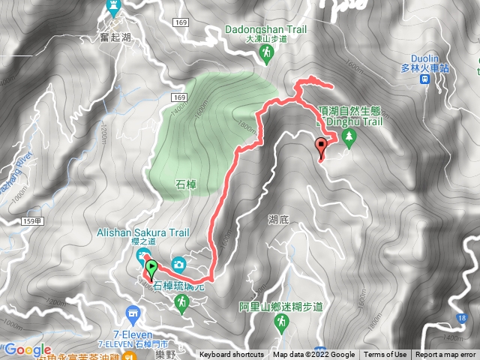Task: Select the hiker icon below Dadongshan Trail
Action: click(267, 52)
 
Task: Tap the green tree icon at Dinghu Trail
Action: click(348, 136)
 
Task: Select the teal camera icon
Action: click(178, 263)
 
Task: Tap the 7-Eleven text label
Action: click(134, 333)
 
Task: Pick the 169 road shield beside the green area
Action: click(178, 98)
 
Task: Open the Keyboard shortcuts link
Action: click(231, 355)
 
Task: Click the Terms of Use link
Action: click(385, 355)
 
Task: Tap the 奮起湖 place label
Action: click(114, 35)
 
